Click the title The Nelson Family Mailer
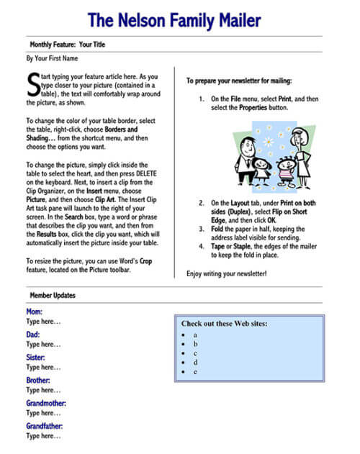point(180,18)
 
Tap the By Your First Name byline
point(51,58)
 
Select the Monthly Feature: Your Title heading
point(68,44)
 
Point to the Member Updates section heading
point(52,295)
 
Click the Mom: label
point(34,312)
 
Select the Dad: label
point(33,335)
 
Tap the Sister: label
point(36,357)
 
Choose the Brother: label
point(38,380)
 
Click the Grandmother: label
point(46,403)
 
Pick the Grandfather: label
point(45,425)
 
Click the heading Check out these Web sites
point(224,323)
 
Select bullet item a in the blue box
point(194,335)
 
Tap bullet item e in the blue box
point(194,371)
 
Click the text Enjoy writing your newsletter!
point(226,273)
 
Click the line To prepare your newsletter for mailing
point(239,81)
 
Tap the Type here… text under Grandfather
point(44,436)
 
